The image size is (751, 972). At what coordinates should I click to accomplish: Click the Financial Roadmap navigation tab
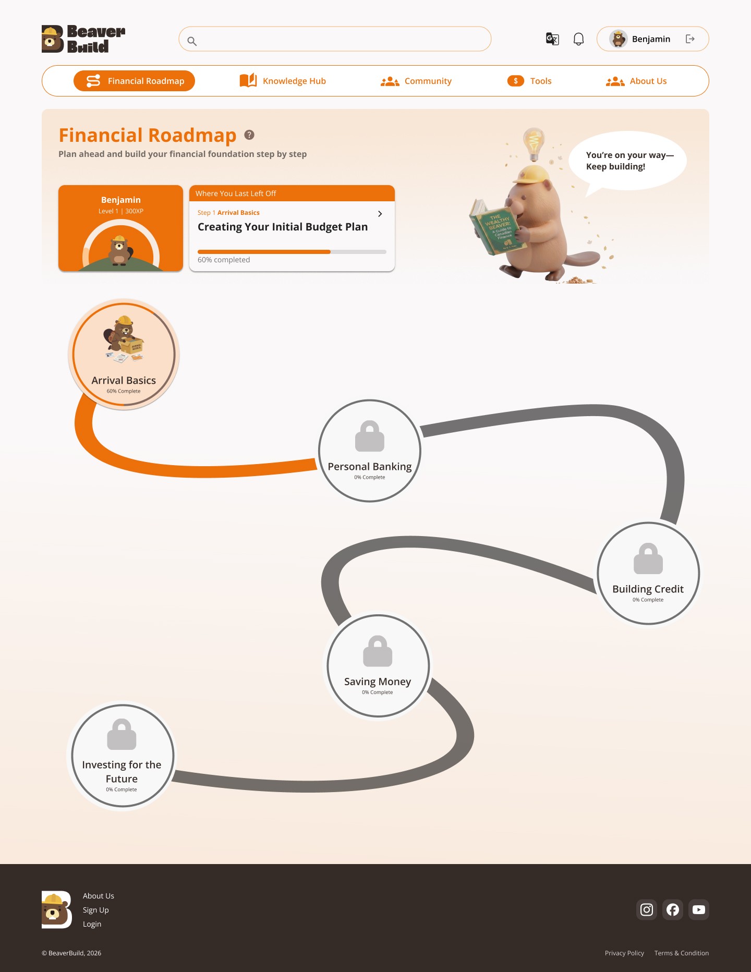(x=135, y=81)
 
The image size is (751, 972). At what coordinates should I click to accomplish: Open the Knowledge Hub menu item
(x=283, y=81)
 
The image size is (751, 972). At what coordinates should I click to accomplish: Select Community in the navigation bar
(x=416, y=81)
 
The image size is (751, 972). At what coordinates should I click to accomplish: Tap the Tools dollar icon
(x=516, y=81)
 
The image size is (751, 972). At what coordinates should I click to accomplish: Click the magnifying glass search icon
(x=192, y=41)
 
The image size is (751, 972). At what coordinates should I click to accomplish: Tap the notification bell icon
(x=578, y=39)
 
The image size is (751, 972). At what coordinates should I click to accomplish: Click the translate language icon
(x=552, y=39)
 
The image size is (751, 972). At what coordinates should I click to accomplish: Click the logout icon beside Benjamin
(x=690, y=39)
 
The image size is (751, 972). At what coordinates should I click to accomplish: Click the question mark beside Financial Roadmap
(x=249, y=135)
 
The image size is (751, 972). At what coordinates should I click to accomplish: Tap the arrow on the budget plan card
(x=380, y=214)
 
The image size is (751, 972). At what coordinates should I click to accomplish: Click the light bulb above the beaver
(x=534, y=142)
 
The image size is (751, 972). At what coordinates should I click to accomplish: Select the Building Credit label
(x=648, y=589)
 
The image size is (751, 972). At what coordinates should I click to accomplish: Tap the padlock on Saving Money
(x=378, y=651)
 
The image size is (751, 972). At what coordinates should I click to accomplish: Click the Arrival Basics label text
(x=124, y=381)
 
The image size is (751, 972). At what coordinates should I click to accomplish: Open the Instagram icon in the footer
(x=647, y=910)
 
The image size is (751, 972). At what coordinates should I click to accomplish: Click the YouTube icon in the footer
(x=699, y=910)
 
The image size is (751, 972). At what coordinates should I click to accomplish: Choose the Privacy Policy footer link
(x=624, y=953)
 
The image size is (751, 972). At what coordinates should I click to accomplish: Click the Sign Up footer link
(x=96, y=910)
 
